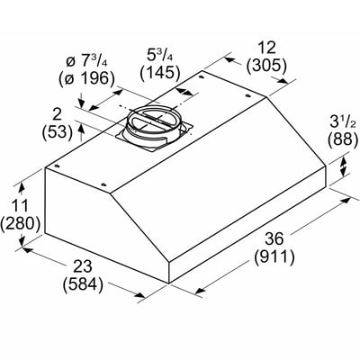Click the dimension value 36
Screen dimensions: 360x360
point(274,238)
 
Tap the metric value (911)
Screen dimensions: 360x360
point(274,257)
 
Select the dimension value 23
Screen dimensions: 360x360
point(83,266)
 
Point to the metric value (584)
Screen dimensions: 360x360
point(83,284)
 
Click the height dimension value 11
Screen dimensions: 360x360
point(20,205)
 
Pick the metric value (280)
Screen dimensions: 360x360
point(20,224)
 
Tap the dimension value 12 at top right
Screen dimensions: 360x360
point(265,48)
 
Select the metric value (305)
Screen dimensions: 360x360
point(266,66)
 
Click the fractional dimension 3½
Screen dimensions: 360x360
point(343,122)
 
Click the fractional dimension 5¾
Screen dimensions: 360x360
point(160,54)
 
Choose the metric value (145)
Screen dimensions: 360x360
point(160,73)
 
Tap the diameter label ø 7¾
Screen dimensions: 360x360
point(86,61)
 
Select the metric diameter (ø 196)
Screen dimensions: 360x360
point(87,79)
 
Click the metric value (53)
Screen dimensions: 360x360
point(58,132)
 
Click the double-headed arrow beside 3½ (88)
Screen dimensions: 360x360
point(344,166)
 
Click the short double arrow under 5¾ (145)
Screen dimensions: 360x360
point(184,91)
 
